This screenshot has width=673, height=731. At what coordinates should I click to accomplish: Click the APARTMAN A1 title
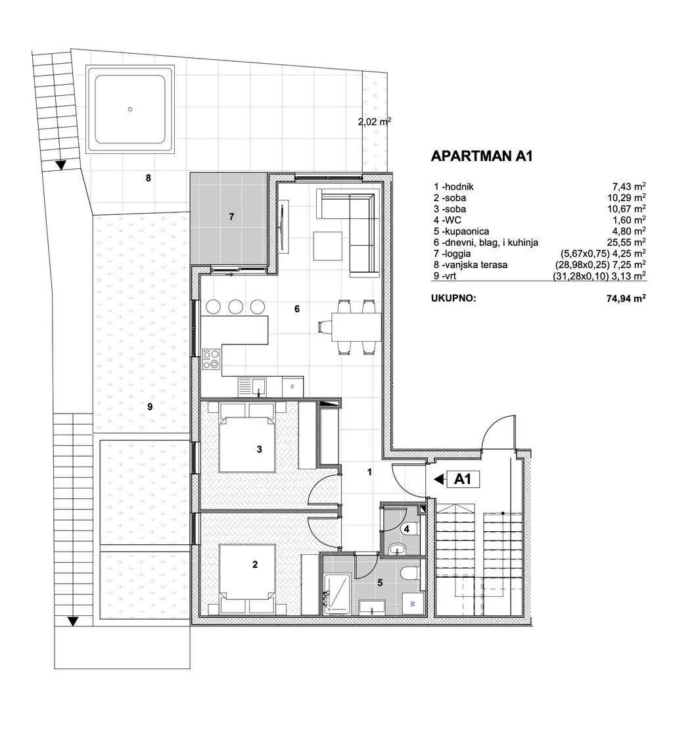tap(481, 156)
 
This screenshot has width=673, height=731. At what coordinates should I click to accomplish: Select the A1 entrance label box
tap(463, 479)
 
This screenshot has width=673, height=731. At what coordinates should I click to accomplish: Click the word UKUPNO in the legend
tap(453, 297)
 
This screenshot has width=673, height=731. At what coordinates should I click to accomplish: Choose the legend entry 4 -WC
tap(450, 220)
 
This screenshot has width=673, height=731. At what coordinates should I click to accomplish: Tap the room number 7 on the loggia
tap(231, 216)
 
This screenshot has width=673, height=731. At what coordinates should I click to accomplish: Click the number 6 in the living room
tap(297, 308)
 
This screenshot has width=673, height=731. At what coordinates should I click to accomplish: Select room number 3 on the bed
tap(260, 450)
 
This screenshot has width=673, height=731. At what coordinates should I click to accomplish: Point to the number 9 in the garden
tap(150, 407)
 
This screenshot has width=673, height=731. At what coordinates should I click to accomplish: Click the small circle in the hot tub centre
tap(130, 109)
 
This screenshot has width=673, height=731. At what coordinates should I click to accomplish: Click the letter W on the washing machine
tap(413, 603)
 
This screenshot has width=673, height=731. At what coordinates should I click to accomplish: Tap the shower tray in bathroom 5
tap(339, 593)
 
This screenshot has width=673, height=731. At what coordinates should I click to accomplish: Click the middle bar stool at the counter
tap(235, 306)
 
